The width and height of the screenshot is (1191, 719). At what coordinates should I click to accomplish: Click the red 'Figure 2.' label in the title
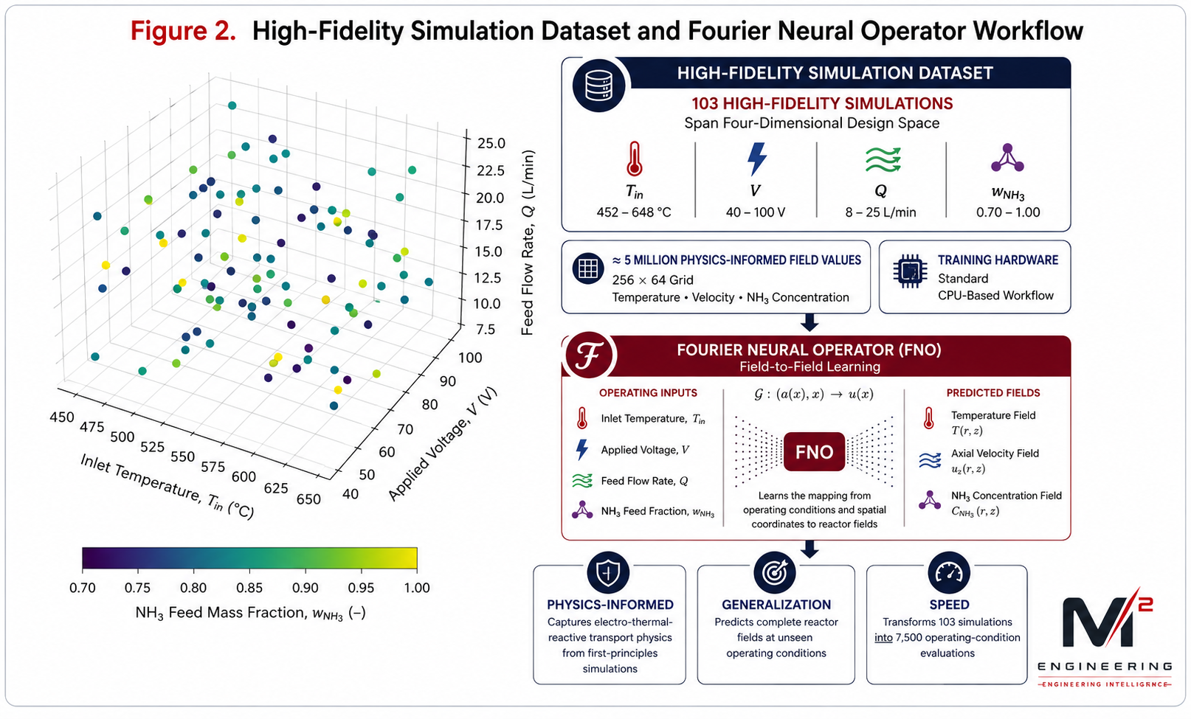[183, 31]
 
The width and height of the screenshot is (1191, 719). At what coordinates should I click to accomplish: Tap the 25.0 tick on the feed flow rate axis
[491, 143]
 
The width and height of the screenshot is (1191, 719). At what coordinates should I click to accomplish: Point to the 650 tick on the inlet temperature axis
[309, 499]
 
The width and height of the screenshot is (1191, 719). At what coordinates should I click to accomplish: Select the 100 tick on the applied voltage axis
[470, 358]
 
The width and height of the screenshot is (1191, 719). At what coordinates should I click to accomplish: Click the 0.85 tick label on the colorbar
[249, 588]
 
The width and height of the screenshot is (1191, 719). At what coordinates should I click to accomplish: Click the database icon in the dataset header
[598, 86]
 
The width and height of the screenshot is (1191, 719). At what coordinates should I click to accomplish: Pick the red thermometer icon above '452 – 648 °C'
[634, 159]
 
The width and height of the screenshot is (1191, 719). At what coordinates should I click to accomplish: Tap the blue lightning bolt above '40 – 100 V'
[756, 159]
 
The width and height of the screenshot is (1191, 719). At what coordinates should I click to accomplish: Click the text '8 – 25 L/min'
[880, 212]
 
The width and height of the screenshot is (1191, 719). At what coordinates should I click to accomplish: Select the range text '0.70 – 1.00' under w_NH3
[1007, 212]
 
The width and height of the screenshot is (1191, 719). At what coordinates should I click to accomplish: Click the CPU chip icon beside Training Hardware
[910, 271]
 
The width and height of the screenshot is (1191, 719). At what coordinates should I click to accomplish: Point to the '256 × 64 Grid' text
[652, 280]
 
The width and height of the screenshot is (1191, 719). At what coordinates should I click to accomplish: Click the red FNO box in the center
[814, 452]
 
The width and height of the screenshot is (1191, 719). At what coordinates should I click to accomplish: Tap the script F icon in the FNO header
[590, 355]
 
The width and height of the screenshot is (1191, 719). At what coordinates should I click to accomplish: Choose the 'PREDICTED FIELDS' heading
[992, 393]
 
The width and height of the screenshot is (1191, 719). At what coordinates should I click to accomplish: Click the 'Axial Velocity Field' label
[994, 454]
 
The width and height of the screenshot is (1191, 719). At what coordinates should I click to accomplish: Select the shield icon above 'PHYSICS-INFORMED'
[608, 573]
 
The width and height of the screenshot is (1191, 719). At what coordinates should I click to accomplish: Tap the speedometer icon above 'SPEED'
[949, 573]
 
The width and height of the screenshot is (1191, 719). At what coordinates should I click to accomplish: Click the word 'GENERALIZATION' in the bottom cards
[776, 605]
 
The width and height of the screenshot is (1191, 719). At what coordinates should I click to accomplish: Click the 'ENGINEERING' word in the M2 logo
[1105, 667]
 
